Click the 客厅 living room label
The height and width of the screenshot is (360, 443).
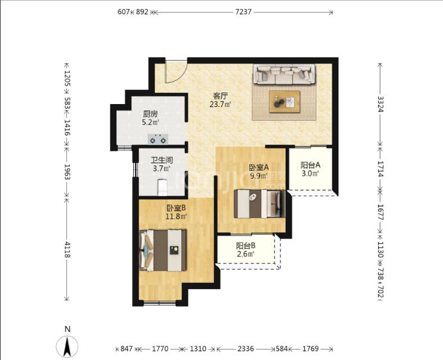tap(220, 96)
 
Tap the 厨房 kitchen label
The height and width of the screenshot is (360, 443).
tap(150, 114)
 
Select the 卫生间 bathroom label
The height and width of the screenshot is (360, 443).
tap(161, 160)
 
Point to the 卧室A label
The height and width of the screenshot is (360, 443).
tap(259, 167)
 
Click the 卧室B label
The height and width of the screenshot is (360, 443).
tap(176, 208)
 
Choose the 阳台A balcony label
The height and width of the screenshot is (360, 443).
tap(310, 165)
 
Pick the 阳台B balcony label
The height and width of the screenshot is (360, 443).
tap(246, 245)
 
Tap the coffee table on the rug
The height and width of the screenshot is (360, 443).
tap(284, 102)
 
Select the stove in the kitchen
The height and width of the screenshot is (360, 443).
tap(158, 139)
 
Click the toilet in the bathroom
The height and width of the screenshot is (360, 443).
tap(162, 187)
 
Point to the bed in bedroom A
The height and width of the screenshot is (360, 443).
tap(259, 204)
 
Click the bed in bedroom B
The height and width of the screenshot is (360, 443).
tap(163, 250)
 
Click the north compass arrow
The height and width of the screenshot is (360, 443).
tap(67, 346)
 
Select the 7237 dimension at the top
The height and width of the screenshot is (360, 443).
tap(243, 12)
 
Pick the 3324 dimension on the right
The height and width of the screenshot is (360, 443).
tap(381, 104)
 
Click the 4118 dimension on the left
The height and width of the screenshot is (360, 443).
tap(67, 249)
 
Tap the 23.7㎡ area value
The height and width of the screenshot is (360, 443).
tap(220, 105)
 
